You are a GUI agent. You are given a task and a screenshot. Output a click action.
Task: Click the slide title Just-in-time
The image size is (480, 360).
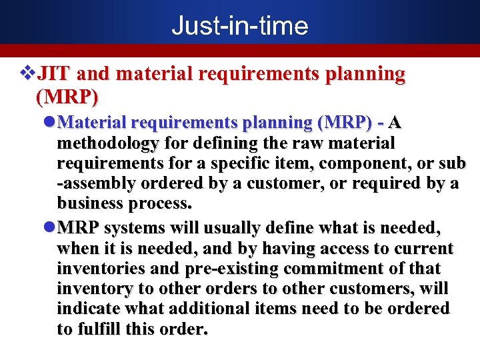(239, 26)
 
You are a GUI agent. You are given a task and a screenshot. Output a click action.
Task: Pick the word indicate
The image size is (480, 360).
(87, 309)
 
